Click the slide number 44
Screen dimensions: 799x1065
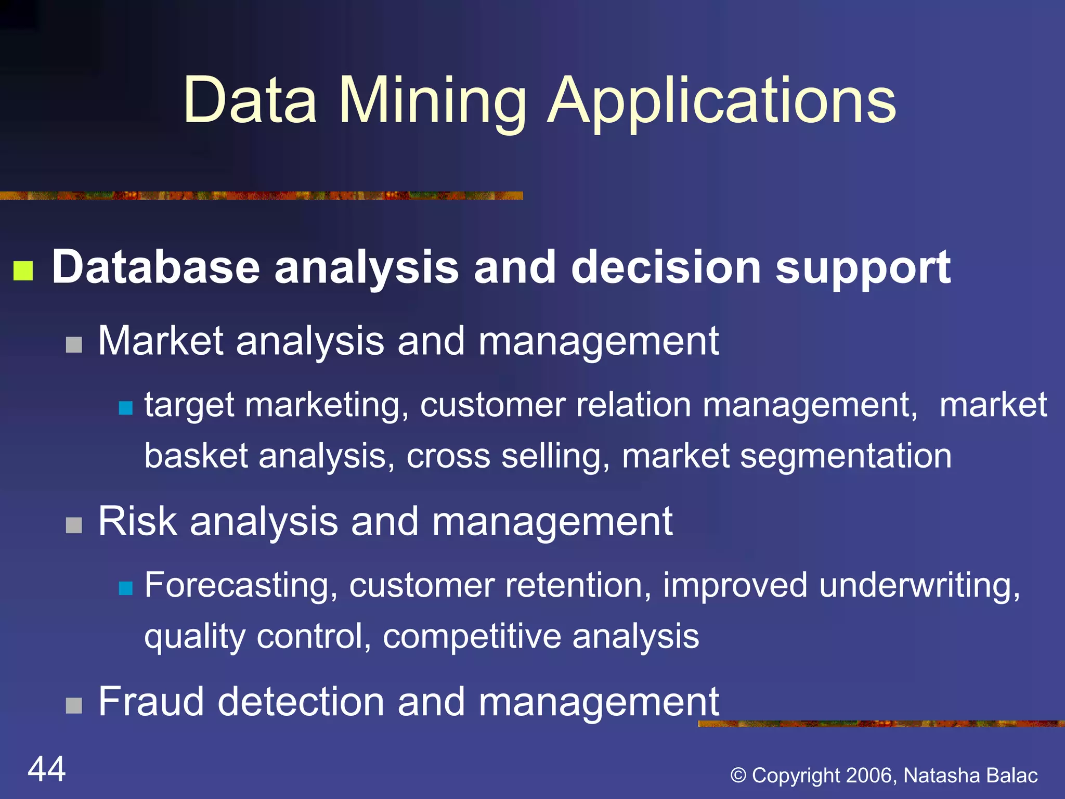(47, 769)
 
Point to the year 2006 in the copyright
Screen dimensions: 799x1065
(869, 775)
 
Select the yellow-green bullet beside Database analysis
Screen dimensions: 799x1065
(23, 270)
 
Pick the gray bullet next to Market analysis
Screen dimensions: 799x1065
(74, 344)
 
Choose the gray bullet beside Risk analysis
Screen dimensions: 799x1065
(74, 525)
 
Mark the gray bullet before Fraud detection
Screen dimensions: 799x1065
(74, 706)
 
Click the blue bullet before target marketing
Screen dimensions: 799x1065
(125, 407)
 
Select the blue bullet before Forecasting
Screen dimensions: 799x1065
(125, 588)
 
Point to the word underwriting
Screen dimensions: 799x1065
(919, 585)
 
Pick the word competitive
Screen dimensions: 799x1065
(471, 636)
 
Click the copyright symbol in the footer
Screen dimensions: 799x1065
(738, 775)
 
